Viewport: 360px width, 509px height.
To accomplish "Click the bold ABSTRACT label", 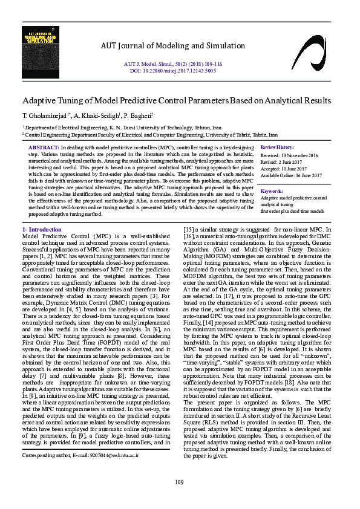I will (44, 148).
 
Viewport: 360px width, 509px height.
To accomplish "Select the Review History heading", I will (277, 148).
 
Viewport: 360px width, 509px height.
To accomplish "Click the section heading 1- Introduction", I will (42, 229).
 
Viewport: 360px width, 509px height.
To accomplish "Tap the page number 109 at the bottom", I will (179, 481).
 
